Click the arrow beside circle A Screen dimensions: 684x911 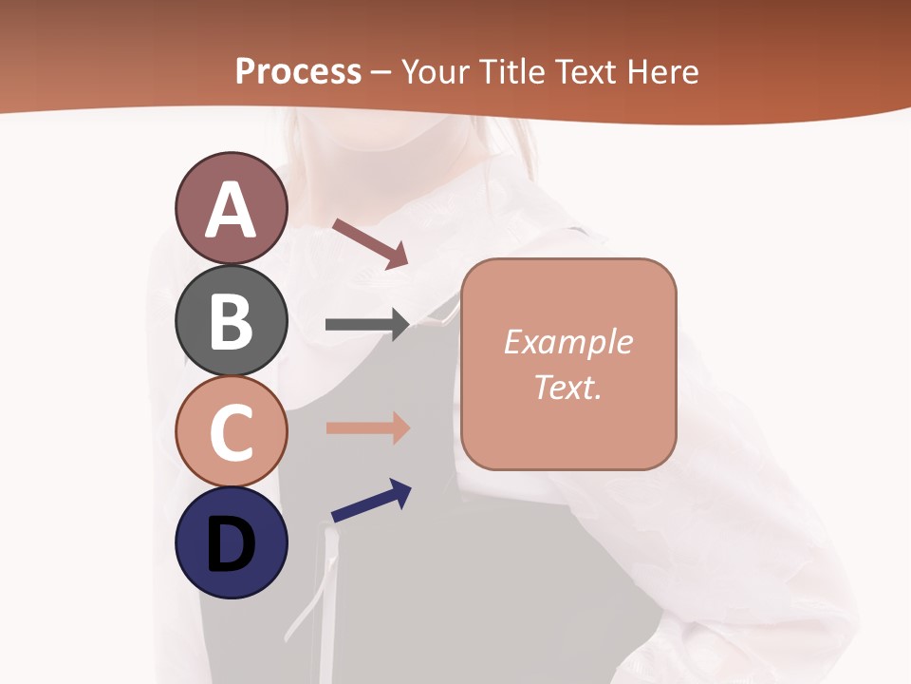point(370,243)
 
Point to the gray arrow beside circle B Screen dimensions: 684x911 point(367,325)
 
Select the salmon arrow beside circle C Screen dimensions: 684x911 point(367,427)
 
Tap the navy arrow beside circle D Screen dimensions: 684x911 point(371,500)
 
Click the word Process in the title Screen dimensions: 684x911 point(298,71)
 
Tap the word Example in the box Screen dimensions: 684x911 point(568,342)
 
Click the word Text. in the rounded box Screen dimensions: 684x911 point(568,387)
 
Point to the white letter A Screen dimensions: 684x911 point(231,209)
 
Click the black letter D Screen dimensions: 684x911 point(231,545)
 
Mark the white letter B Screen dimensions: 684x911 point(231,321)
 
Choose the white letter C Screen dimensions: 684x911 point(231,433)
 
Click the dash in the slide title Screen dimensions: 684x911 point(381,72)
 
